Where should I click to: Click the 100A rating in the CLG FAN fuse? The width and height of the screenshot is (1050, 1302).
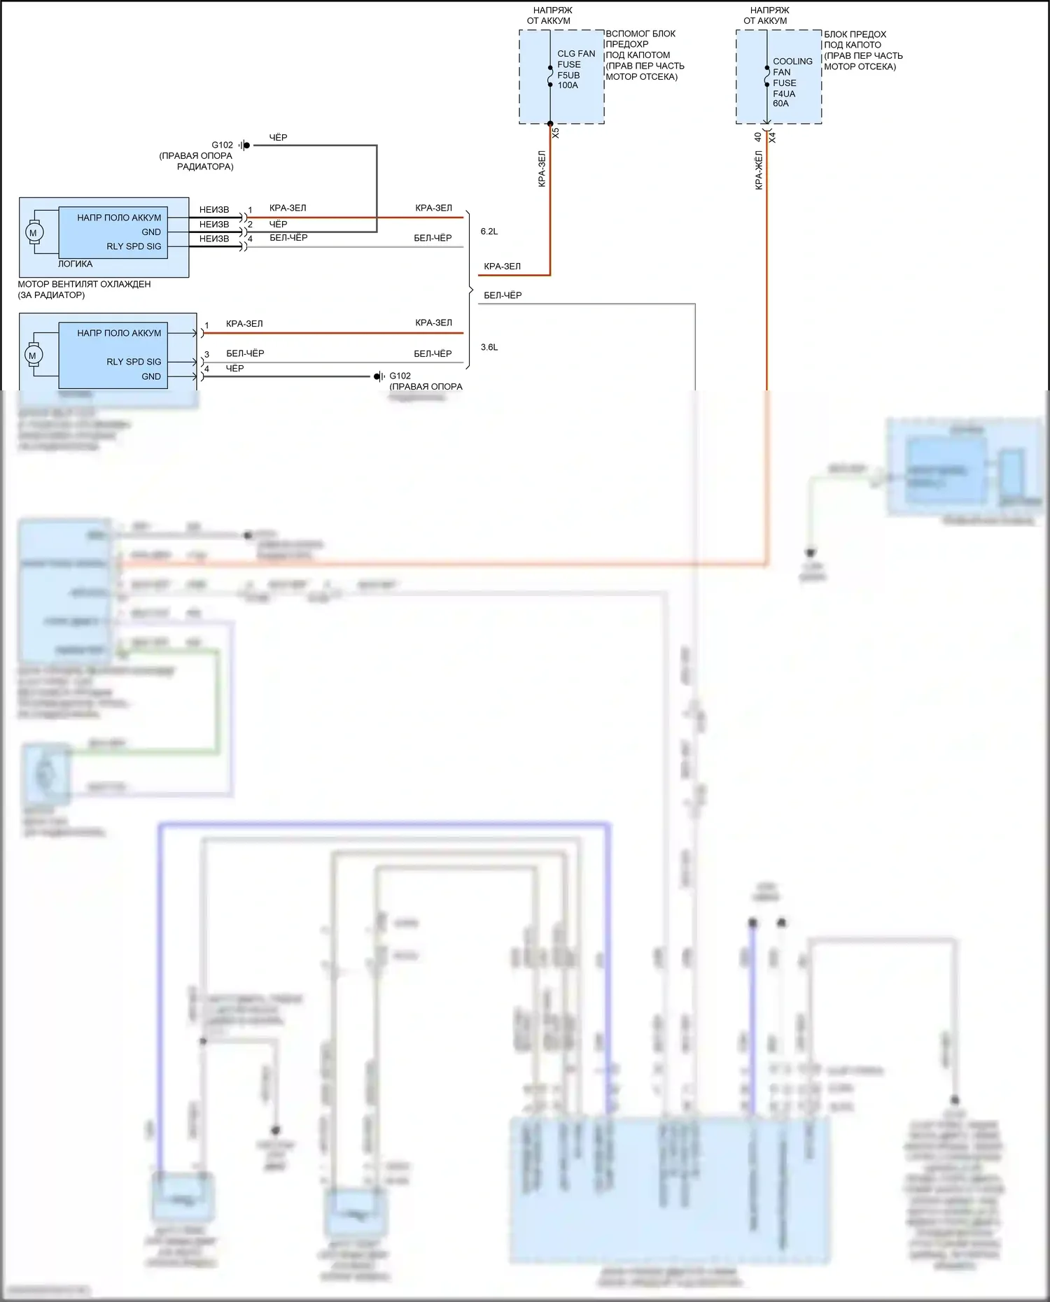point(568,85)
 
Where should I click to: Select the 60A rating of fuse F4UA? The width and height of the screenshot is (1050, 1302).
point(780,104)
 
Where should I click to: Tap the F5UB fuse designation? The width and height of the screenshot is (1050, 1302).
point(568,75)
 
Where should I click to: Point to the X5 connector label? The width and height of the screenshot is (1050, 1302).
point(556,132)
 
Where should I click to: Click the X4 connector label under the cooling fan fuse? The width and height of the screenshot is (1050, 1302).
point(772,138)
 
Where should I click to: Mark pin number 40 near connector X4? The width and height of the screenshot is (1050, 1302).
point(758,138)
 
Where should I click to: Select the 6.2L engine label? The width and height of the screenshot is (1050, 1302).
point(489,232)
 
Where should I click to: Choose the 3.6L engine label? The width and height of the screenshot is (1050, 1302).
point(489,347)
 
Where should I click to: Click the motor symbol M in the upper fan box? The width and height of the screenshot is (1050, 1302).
point(33,232)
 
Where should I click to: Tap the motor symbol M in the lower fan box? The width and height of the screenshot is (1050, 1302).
point(32,355)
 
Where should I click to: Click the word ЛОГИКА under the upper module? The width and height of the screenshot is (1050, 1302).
point(75,264)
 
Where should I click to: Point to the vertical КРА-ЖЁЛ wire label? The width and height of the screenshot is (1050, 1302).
point(759,170)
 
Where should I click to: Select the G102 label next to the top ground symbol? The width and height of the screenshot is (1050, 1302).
point(222,146)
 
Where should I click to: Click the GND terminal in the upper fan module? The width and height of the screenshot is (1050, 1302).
point(151,232)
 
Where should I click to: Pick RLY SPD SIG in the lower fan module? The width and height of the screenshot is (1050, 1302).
point(134,362)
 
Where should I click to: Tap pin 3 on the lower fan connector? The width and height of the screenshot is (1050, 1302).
point(206,355)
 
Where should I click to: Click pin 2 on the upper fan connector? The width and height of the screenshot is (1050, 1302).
point(250,225)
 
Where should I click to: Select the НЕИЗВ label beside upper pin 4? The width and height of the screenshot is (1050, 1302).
point(214,239)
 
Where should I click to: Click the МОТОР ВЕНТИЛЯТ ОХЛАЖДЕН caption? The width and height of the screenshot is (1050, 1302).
point(84,284)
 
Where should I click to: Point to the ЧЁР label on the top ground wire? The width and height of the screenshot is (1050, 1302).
point(278,138)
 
